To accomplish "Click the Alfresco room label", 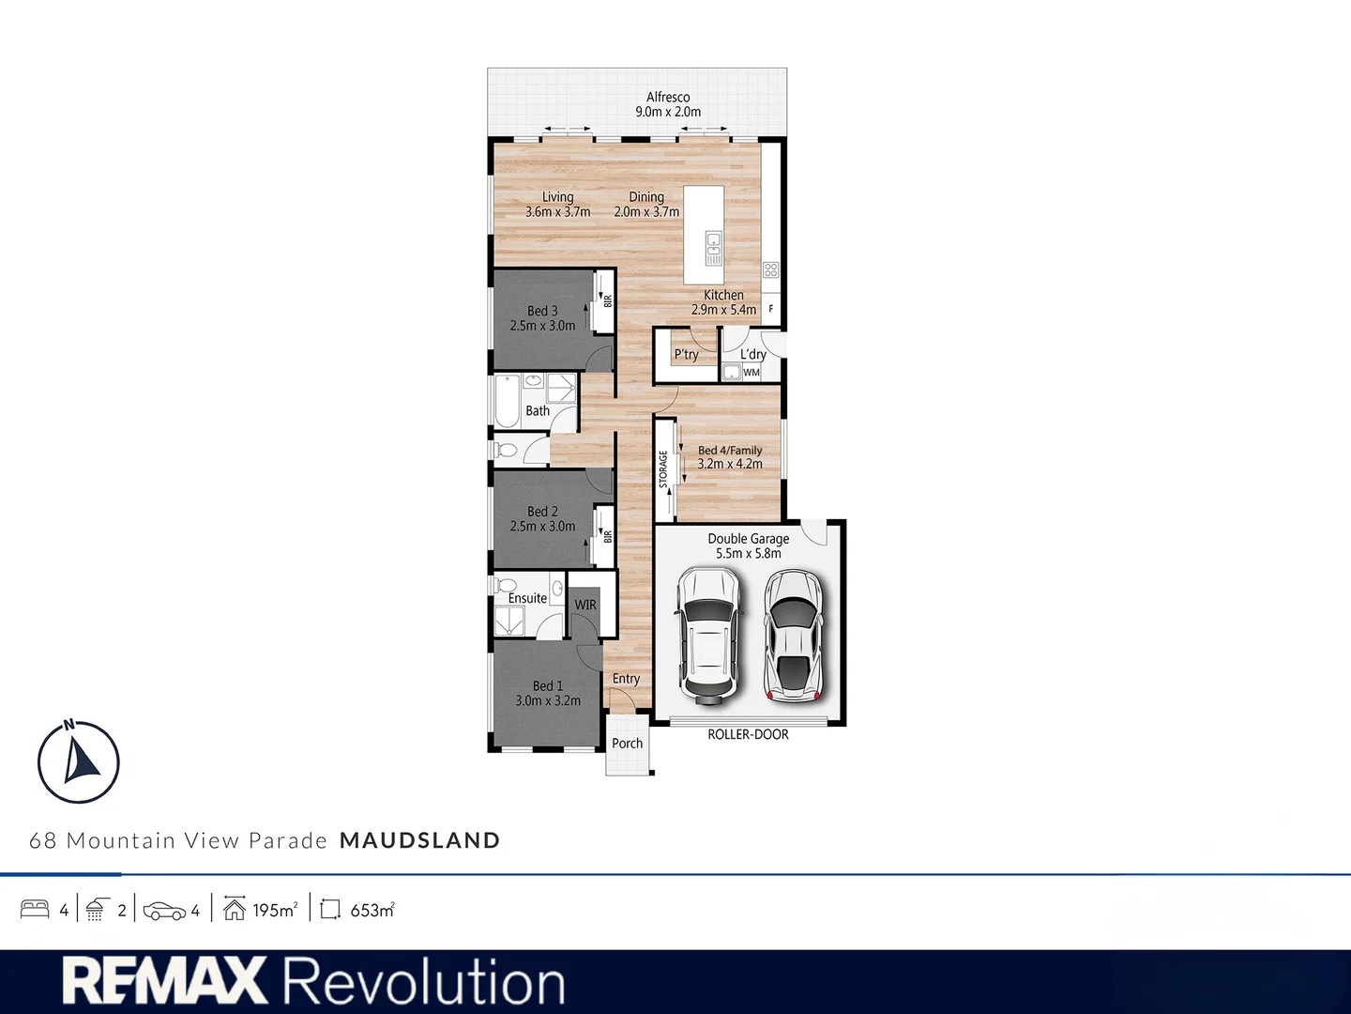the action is click(x=668, y=98).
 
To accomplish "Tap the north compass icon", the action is click(x=78, y=760).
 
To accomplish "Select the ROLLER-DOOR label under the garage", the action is click(x=748, y=734).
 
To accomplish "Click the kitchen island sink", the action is click(x=713, y=248).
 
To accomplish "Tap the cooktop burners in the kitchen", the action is click(x=770, y=269).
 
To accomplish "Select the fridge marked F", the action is click(x=771, y=309).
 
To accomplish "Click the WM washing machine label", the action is click(x=751, y=373).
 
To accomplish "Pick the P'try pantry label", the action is click(x=686, y=355).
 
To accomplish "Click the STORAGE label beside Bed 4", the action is click(x=663, y=469).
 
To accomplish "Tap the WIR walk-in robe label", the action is click(x=585, y=606).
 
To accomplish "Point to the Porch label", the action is click(x=628, y=743).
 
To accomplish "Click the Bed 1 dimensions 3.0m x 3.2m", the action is click(x=548, y=700).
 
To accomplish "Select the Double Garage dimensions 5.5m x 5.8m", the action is click(x=749, y=554).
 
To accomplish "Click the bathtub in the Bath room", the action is click(x=508, y=401).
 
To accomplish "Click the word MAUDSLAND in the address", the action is click(x=420, y=840).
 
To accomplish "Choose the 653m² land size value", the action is click(x=372, y=910).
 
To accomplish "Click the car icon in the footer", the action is click(x=164, y=911).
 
